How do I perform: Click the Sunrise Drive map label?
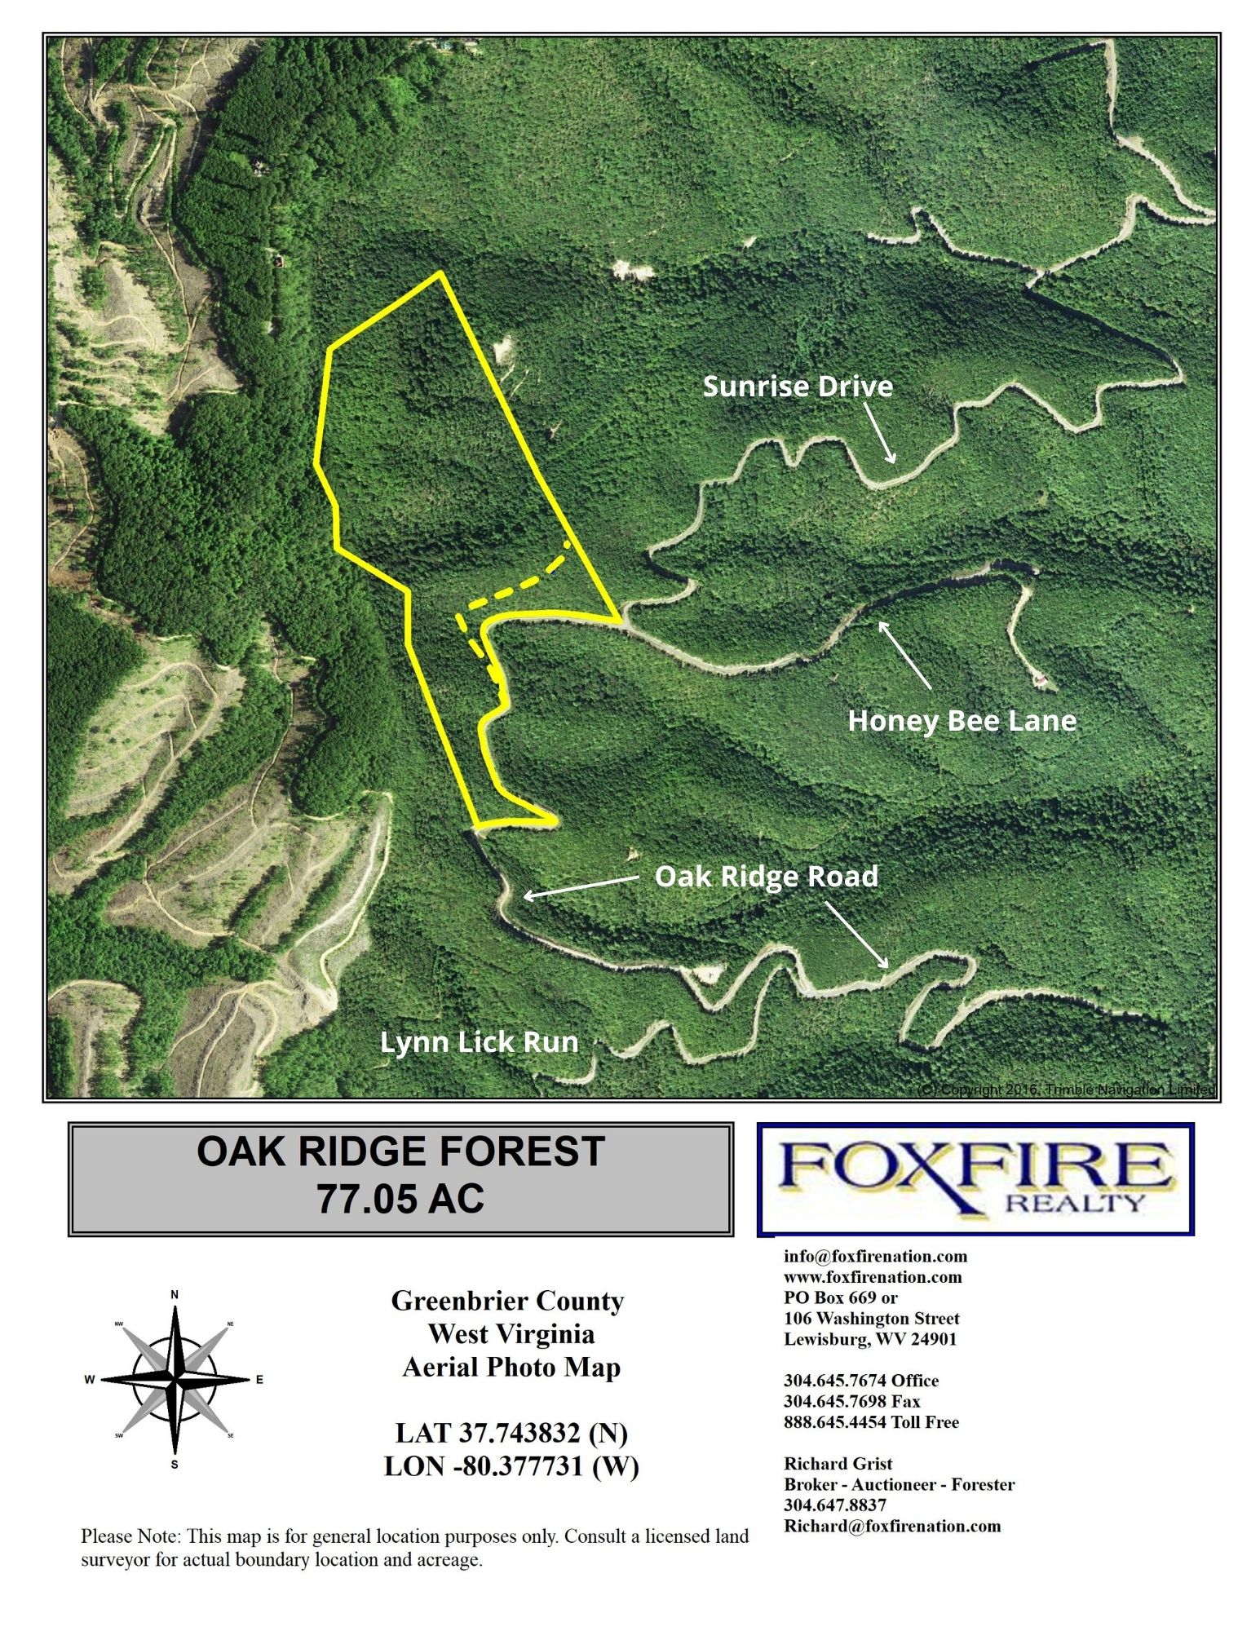pos(797,387)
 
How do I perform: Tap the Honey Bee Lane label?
pos(962,721)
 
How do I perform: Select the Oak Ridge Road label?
pos(766,877)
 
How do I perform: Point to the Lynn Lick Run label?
pos(479,1042)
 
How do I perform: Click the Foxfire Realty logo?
pos(975,1178)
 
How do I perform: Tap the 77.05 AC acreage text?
pos(400,1199)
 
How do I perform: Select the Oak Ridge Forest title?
pos(400,1151)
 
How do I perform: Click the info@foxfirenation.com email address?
pos(875,1257)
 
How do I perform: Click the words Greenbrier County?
pos(507,1301)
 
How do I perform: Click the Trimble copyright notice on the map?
pos(1066,1090)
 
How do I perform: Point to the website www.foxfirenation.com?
pos(873,1277)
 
